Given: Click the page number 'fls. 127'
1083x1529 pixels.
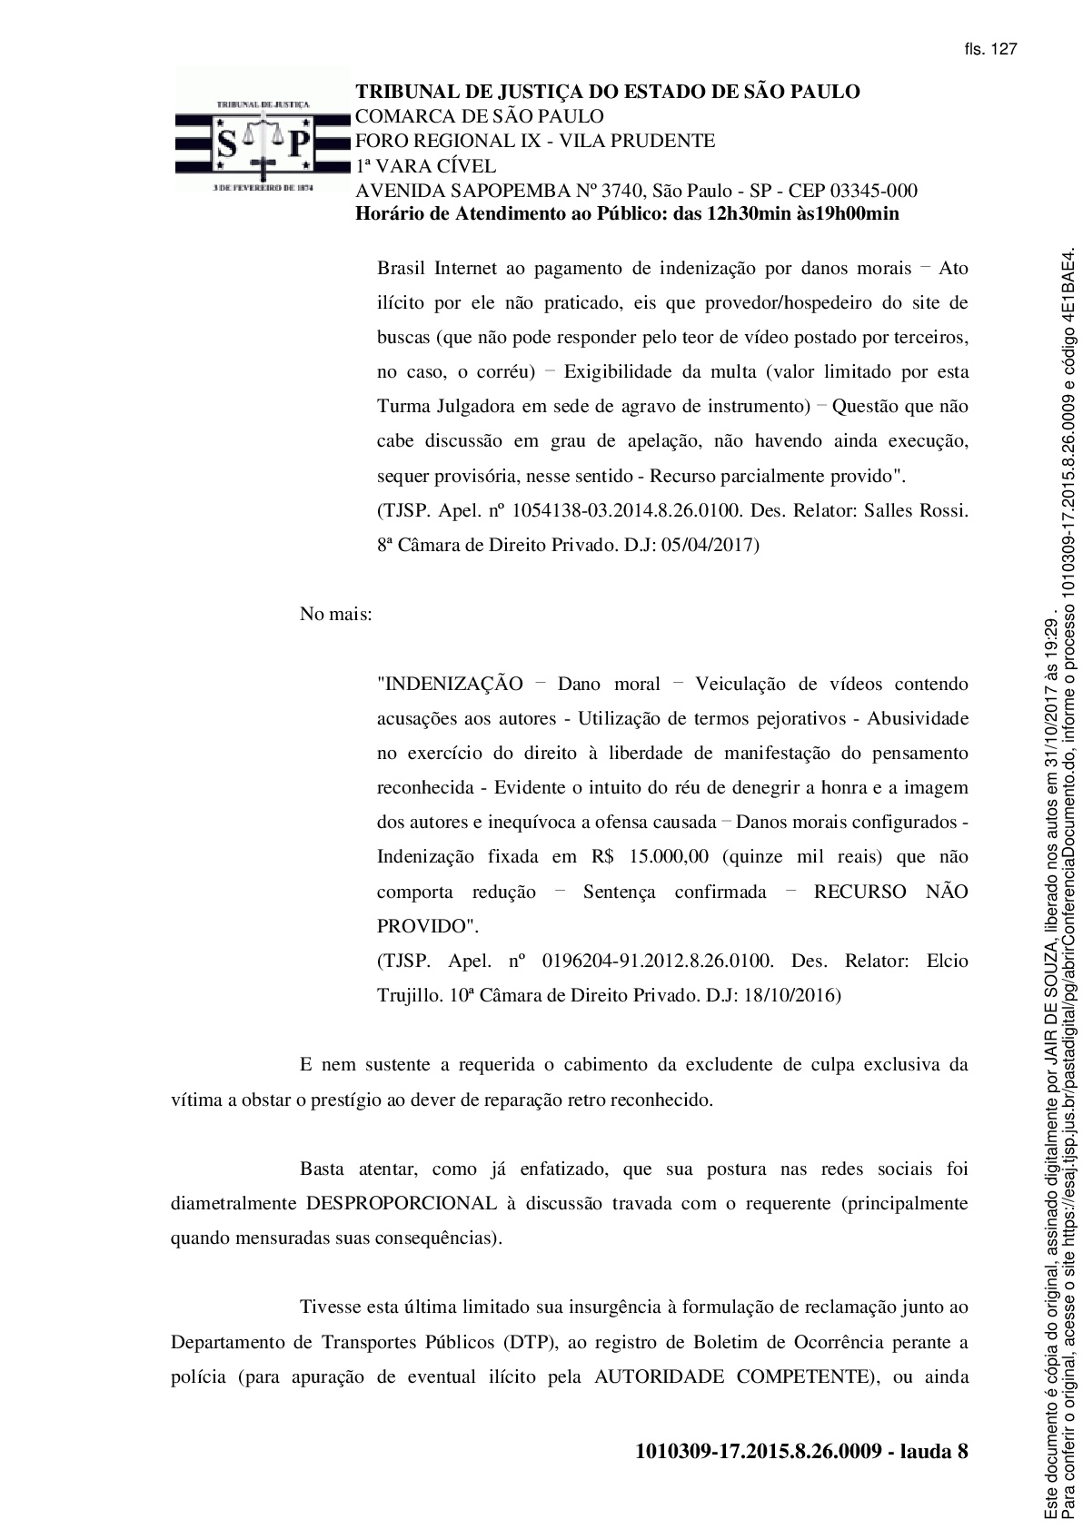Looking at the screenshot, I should pos(990,49).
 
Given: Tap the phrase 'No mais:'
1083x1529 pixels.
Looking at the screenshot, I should pos(335,614).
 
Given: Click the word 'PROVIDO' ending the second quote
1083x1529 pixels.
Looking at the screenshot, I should pos(422,926).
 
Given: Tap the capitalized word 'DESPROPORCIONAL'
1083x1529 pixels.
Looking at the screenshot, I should pos(401,1203).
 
